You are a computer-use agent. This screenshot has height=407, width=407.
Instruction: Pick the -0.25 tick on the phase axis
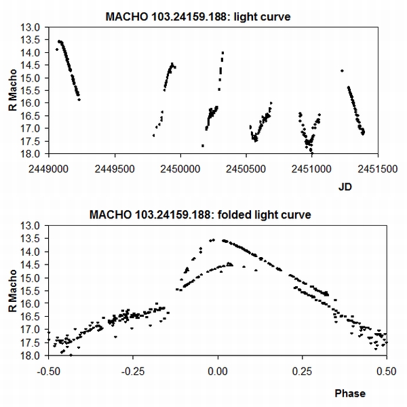click(x=132, y=372)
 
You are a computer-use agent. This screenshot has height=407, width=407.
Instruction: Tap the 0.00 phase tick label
click(x=218, y=372)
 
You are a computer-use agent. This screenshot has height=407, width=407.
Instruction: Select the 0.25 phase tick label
click(x=301, y=372)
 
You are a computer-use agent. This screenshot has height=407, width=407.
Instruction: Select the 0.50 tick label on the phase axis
click(x=385, y=372)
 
